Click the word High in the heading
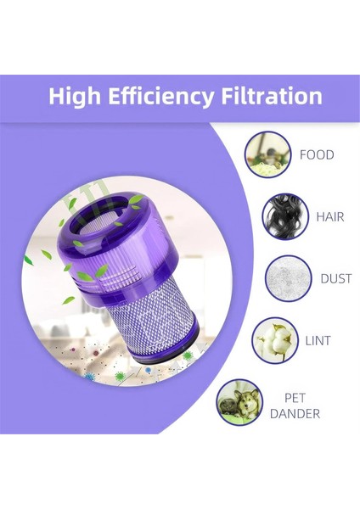pos(75,95)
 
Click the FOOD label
pos(317,155)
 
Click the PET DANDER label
pos(295,406)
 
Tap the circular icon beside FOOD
pos(267,154)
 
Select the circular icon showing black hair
pos(284,215)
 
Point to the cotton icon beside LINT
pos(276,339)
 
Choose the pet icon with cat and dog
pos(239,401)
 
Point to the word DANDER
pos(295,414)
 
